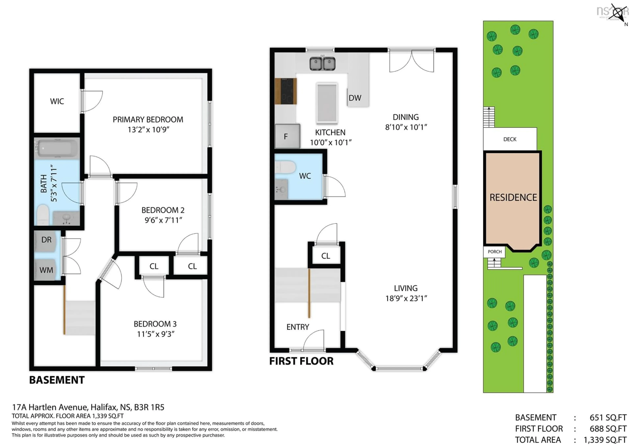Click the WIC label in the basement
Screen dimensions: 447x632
pyautogui.click(x=57, y=101)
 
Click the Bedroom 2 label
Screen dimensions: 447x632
pyautogui.click(x=163, y=210)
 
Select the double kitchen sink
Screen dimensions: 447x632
pyautogui.click(x=322, y=64)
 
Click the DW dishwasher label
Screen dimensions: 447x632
pyautogui.click(x=355, y=98)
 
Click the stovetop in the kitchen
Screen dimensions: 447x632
pyautogui.click(x=286, y=91)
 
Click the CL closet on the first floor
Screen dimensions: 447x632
pyautogui.click(x=326, y=256)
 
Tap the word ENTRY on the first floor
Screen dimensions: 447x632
pyautogui.click(x=298, y=327)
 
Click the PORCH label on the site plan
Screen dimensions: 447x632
pyautogui.click(x=494, y=252)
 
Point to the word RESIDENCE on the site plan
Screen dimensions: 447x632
pyautogui.click(x=513, y=197)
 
